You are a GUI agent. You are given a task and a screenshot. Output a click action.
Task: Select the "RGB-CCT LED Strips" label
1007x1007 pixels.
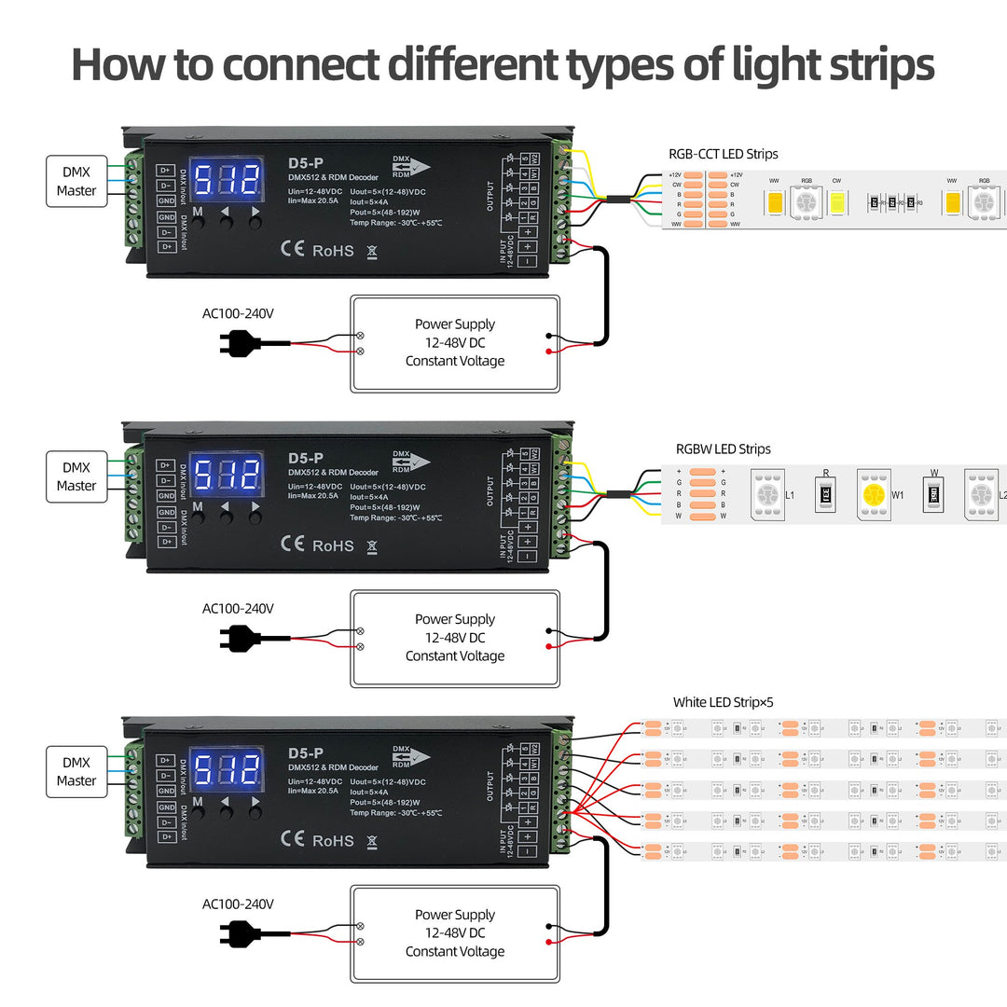pyautogui.click(x=723, y=154)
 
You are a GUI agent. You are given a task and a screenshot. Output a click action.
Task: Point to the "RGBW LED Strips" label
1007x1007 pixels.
pyautogui.click(x=723, y=448)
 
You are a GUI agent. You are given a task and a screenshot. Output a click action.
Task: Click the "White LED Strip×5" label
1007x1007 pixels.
pyautogui.click(x=723, y=702)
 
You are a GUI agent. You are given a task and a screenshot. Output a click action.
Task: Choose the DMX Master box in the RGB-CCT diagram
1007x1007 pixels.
pyautogui.click(x=76, y=181)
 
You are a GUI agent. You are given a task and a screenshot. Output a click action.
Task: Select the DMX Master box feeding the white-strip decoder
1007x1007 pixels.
pyautogui.click(x=76, y=771)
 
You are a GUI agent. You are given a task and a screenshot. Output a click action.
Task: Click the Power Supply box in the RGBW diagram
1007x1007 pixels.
pyautogui.click(x=455, y=638)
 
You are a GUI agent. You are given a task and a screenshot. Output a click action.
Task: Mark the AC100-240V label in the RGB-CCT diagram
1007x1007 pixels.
pyautogui.click(x=238, y=313)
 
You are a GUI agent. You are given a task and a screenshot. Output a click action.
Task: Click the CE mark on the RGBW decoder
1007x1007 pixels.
pyautogui.click(x=292, y=545)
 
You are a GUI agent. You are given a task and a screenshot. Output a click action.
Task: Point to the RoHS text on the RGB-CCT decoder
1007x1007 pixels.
pyautogui.click(x=333, y=251)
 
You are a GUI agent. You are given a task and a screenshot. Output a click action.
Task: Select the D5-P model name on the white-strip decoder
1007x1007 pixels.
pyautogui.click(x=306, y=752)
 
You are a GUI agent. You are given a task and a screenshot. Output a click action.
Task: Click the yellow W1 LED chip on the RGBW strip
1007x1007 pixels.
pyautogui.click(x=874, y=494)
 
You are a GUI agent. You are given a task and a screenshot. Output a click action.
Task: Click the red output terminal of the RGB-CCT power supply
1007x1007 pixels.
pyautogui.click(x=549, y=351)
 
